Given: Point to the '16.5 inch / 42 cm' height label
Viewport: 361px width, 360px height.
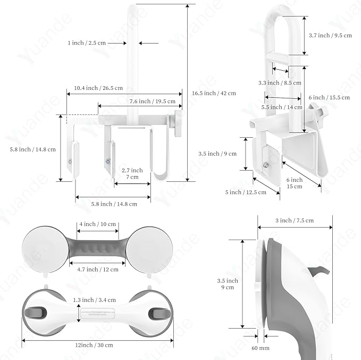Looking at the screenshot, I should [x=213, y=93].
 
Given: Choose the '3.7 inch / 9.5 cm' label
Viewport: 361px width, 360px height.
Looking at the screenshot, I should [x=330, y=35].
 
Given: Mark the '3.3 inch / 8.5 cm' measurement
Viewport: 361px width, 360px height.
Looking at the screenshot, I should [x=280, y=83].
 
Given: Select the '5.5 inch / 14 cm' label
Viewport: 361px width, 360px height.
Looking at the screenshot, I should [x=282, y=107].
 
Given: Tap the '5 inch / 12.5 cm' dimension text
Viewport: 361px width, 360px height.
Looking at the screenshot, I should [x=246, y=192].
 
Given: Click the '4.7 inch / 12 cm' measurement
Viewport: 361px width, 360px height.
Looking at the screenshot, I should [x=98, y=270].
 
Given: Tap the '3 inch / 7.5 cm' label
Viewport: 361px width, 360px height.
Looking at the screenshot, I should [x=295, y=220].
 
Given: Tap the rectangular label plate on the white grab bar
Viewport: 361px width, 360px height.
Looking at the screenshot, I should [x=96, y=314].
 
